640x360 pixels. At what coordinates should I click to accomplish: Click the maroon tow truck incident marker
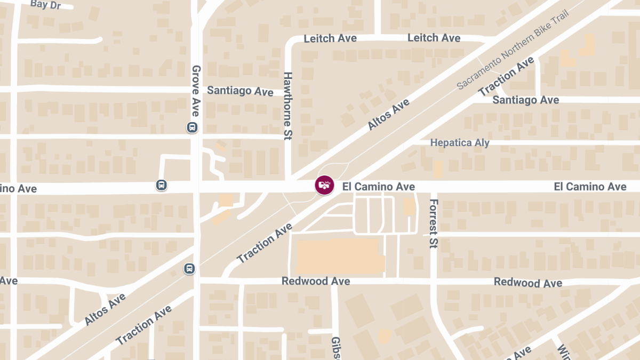pos(324,185)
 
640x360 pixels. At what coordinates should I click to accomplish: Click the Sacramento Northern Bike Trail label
pos(513,49)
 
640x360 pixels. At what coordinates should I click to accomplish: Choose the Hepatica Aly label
pos(460,142)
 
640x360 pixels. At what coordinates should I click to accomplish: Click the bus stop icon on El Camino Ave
pos(162,185)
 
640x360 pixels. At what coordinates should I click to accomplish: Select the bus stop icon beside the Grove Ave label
pos(192,127)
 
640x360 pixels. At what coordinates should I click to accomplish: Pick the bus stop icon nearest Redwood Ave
pos(189,268)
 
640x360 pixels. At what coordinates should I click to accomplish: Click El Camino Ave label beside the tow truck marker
pos(378,186)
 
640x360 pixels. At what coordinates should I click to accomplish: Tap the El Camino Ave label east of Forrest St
pos(590,186)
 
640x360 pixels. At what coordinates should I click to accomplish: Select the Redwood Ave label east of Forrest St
pos(527,282)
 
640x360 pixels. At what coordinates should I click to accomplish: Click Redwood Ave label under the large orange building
pos(316,281)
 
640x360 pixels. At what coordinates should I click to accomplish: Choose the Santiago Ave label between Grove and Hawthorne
pos(240,91)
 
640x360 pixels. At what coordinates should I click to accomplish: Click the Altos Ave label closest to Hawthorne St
pos(388,114)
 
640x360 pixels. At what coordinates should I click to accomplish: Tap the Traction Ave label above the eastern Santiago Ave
pos(506,76)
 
